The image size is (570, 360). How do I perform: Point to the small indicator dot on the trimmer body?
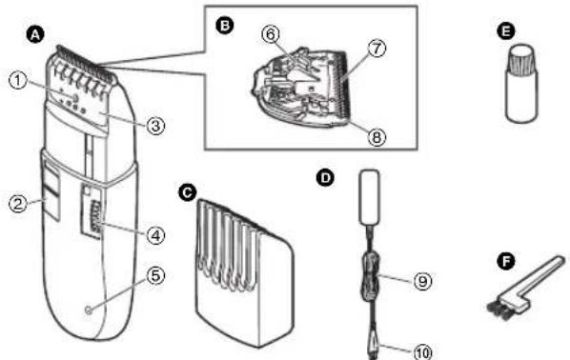click(88, 310)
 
